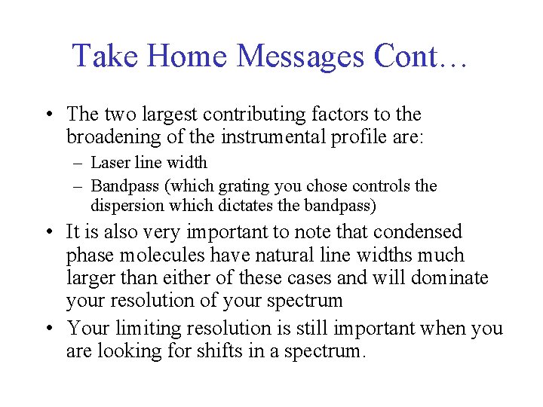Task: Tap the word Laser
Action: tap(109, 163)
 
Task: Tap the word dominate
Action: tap(449, 277)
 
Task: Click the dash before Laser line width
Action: tap(80, 163)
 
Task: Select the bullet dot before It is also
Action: tap(49, 232)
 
